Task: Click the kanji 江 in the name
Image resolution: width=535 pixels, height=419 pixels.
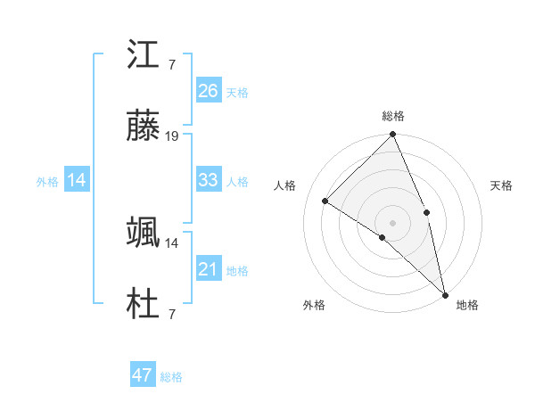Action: pos(144,57)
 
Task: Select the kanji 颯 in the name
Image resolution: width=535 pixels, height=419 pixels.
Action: pos(144,234)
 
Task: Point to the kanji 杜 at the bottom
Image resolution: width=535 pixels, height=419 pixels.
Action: pos(144,304)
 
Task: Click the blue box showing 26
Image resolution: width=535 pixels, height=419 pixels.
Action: pos(208,91)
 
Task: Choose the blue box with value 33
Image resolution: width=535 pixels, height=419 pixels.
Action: pos(208,180)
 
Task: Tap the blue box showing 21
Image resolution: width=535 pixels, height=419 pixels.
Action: pos(208,269)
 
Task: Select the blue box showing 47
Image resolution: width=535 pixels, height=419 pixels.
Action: pos(142,375)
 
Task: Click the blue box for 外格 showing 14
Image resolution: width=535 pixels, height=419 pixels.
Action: pos(77,180)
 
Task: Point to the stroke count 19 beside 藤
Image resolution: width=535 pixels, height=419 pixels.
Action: pos(172,136)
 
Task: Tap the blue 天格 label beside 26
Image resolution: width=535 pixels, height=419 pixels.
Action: pos(237,92)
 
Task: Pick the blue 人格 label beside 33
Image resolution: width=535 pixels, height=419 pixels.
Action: pos(237,181)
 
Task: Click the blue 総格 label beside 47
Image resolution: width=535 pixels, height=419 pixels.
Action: pos(171,376)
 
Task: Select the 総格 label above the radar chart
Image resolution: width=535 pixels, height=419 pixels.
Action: pos(393,117)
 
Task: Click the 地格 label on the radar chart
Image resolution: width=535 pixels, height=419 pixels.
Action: pos(467,305)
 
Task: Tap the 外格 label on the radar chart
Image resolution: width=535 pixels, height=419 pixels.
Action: pos(314,305)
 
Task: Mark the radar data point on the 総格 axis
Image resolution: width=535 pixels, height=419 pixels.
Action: pos(393,136)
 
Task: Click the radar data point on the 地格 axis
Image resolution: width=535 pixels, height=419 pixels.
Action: pos(445,292)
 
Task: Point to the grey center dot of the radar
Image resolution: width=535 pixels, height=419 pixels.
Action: pos(393,221)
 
